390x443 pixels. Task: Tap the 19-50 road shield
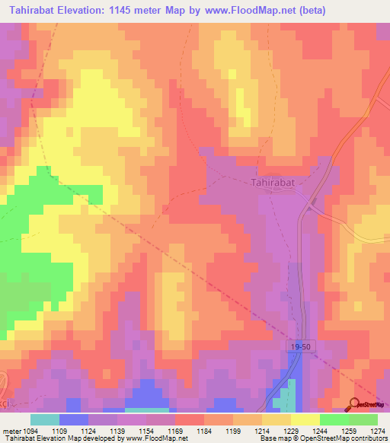click(301, 346)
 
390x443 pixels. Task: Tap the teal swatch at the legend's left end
click(45, 419)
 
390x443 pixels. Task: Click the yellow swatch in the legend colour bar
click(305, 419)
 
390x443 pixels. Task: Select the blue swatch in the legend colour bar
click(74, 419)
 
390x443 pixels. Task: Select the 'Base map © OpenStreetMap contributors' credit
click(322, 438)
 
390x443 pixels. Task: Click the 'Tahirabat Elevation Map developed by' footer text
click(57, 438)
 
